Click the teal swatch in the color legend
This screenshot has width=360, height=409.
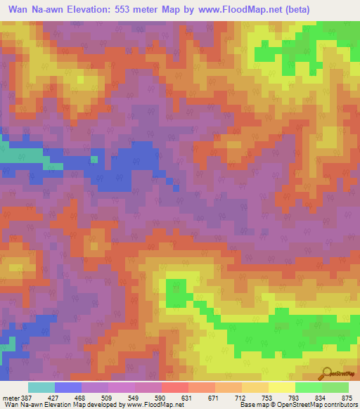click(x=41, y=387)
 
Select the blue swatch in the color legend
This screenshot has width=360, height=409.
click(x=68, y=387)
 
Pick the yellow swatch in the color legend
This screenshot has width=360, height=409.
click(x=282, y=387)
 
